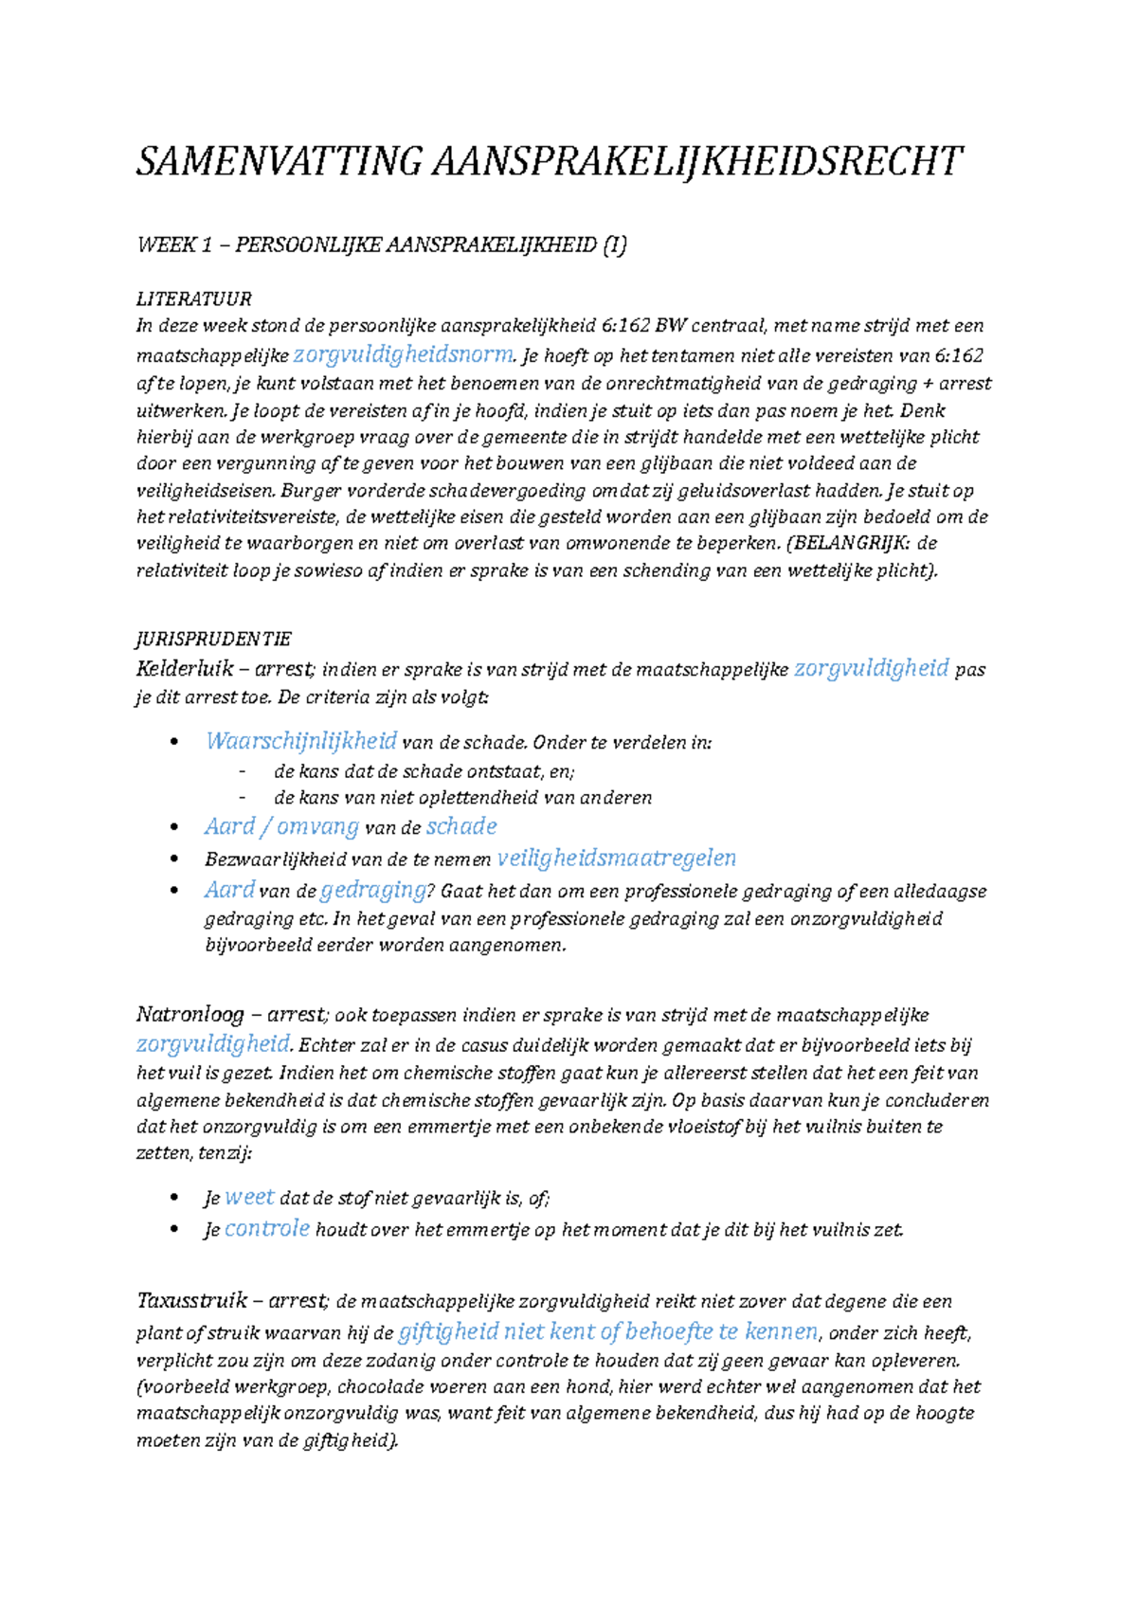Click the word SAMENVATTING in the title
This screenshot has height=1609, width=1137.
point(279,161)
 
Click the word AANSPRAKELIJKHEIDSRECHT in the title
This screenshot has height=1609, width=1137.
point(697,161)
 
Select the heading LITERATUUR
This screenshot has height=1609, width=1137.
point(194,299)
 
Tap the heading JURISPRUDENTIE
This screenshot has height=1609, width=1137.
point(214,639)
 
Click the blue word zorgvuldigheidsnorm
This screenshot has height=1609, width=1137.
point(404,355)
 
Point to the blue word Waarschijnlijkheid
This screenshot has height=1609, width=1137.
point(301,741)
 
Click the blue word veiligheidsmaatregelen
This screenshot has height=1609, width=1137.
point(617,859)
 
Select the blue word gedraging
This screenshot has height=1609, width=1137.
point(373,890)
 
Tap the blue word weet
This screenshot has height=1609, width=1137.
point(249,1197)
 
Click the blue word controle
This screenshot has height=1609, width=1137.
point(267,1229)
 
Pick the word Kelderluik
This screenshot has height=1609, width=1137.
point(185,669)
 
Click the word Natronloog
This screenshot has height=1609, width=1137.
point(190,1015)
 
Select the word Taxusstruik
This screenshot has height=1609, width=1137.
point(192,1301)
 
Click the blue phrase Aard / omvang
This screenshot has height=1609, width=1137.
point(281,826)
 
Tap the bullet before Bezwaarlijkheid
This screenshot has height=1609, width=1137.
point(173,859)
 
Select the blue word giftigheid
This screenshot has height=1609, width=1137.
point(448,1332)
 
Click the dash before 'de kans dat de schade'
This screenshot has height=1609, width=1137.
point(244,771)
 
